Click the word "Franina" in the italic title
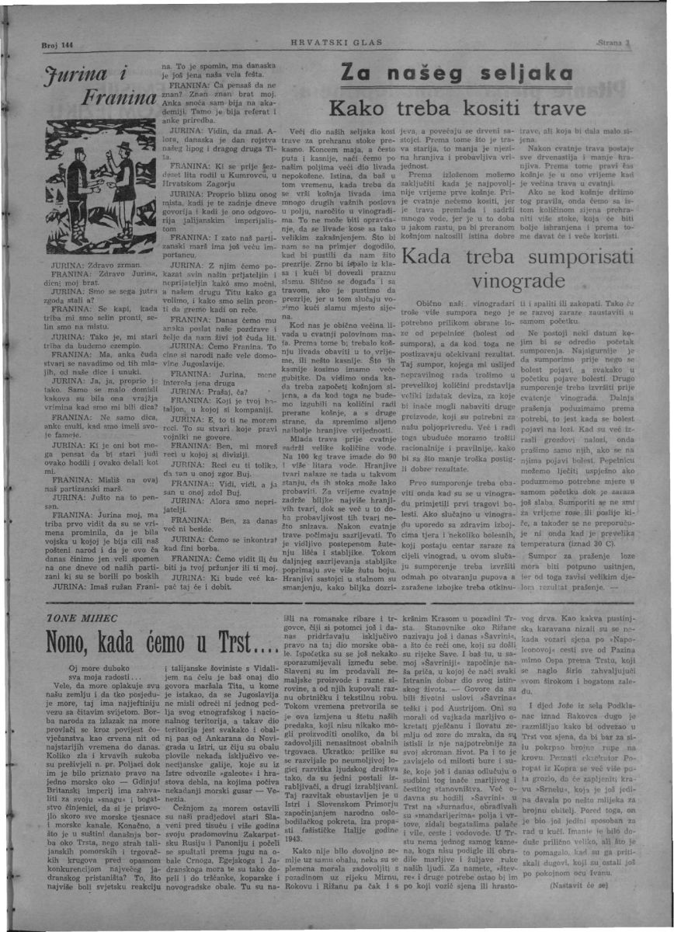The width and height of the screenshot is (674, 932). click(122, 99)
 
